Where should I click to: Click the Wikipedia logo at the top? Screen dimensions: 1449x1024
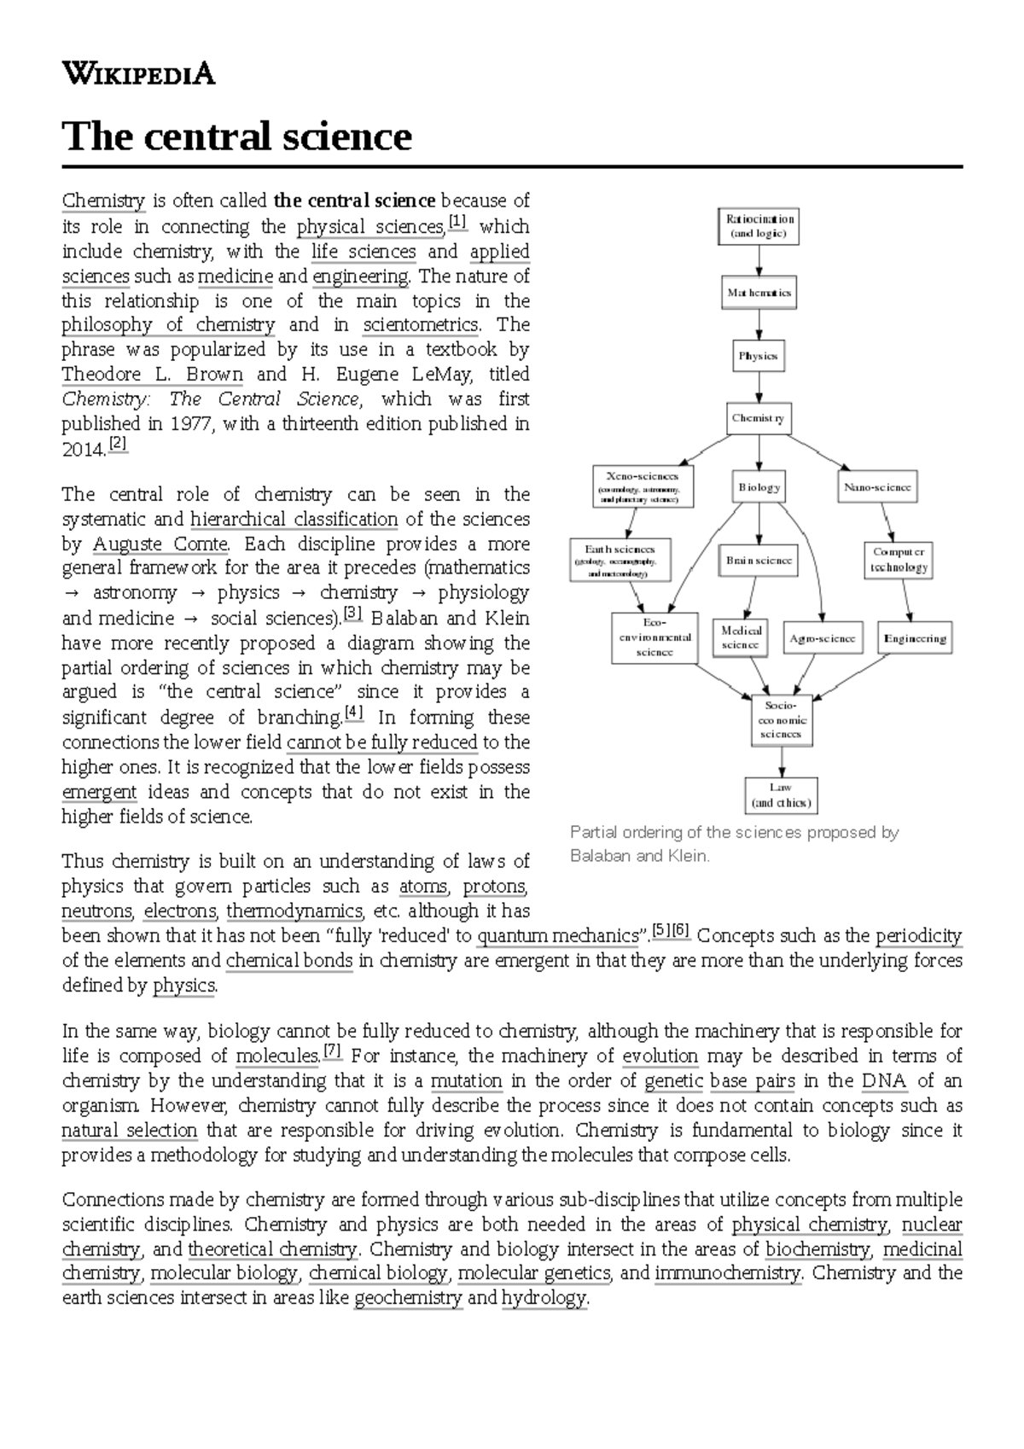point(138,74)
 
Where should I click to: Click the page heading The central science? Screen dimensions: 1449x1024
point(237,137)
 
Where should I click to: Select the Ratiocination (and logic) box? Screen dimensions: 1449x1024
point(759,226)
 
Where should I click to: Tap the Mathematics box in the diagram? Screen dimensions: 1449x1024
point(759,293)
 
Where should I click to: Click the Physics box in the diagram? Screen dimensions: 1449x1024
point(758,356)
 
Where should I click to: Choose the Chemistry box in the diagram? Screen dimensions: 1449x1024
point(758,419)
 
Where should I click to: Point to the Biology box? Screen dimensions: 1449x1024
point(759,487)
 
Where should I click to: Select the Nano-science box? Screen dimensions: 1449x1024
point(877,487)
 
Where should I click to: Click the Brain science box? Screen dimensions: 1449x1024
point(759,561)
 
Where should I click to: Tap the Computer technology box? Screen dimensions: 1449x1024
point(899,560)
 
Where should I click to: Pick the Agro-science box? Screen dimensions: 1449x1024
point(822,638)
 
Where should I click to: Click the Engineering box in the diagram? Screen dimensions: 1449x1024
point(915,638)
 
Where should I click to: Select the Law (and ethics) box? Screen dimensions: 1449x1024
point(781,795)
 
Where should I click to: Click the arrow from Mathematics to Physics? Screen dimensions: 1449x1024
point(759,324)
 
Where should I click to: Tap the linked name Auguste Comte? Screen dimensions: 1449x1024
point(160,544)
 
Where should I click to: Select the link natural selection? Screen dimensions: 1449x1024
point(130,1131)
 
